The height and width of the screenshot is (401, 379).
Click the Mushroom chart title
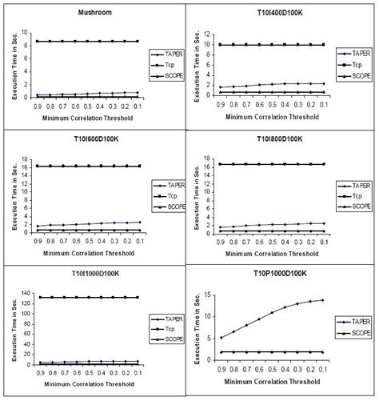tap(95, 13)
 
